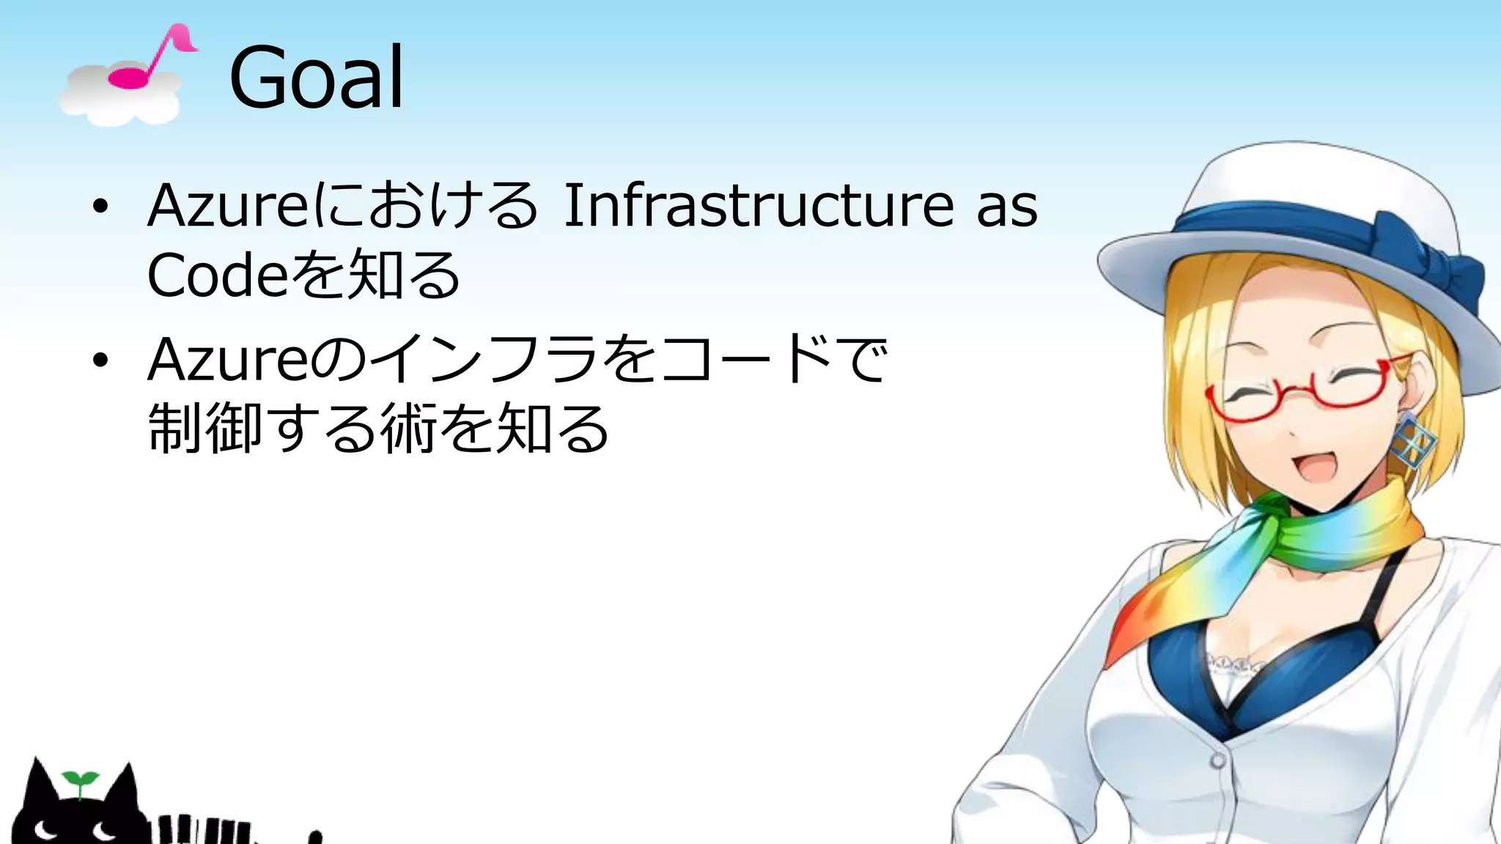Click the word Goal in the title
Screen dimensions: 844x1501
pyautogui.click(x=316, y=78)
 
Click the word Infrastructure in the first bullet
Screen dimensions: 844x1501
pyautogui.click(x=759, y=206)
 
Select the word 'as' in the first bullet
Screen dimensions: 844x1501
pyautogui.click(x=1007, y=207)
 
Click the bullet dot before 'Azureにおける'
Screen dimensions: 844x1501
pyautogui.click(x=100, y=207)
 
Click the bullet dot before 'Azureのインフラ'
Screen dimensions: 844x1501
pyautogui.click(x=100, y=360)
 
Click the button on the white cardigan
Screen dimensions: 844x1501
pyautogui.click(x=1217, y=760)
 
